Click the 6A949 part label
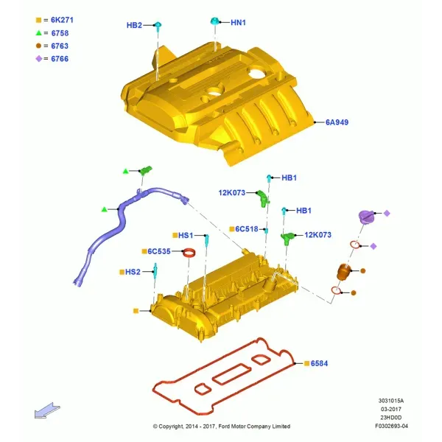pos(337,122)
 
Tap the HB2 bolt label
pos(134,25)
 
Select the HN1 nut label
pos(238,23)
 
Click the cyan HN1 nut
pos(215,21)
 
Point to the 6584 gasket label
pos(319,363)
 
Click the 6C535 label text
pos(159,251)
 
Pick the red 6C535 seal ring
pos(189,253)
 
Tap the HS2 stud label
pos(133,272)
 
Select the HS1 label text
pos(186,235)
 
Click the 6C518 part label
pos(247,229)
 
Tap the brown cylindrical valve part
pos(343,272)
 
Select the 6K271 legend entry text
pos(62,20)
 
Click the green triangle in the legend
pos(39,33)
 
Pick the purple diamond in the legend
pos(39,59)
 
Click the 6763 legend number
pos(60,46)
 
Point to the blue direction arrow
pos(47,410)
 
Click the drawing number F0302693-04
pos(391,426)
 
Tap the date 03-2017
pos(391,409)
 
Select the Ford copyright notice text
pos(222,427)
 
